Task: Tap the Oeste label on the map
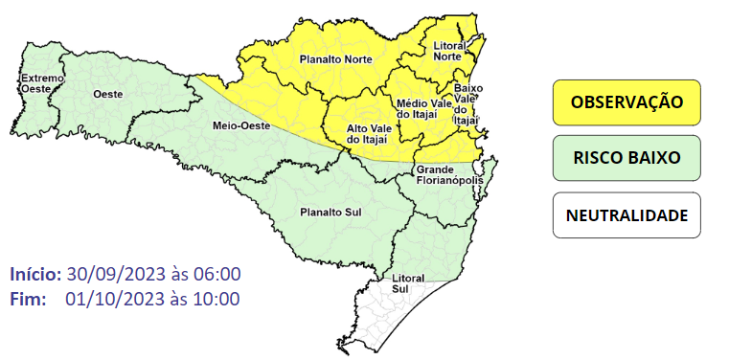coord(106,93)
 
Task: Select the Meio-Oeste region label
coord(240,125)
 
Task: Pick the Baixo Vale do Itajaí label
coord(466,103)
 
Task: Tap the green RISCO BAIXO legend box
coord(626,158)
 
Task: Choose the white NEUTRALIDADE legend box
coord(626,214)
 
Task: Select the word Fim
coord(28,299)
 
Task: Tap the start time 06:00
coord(216,274)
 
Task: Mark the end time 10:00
coord(216,299)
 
